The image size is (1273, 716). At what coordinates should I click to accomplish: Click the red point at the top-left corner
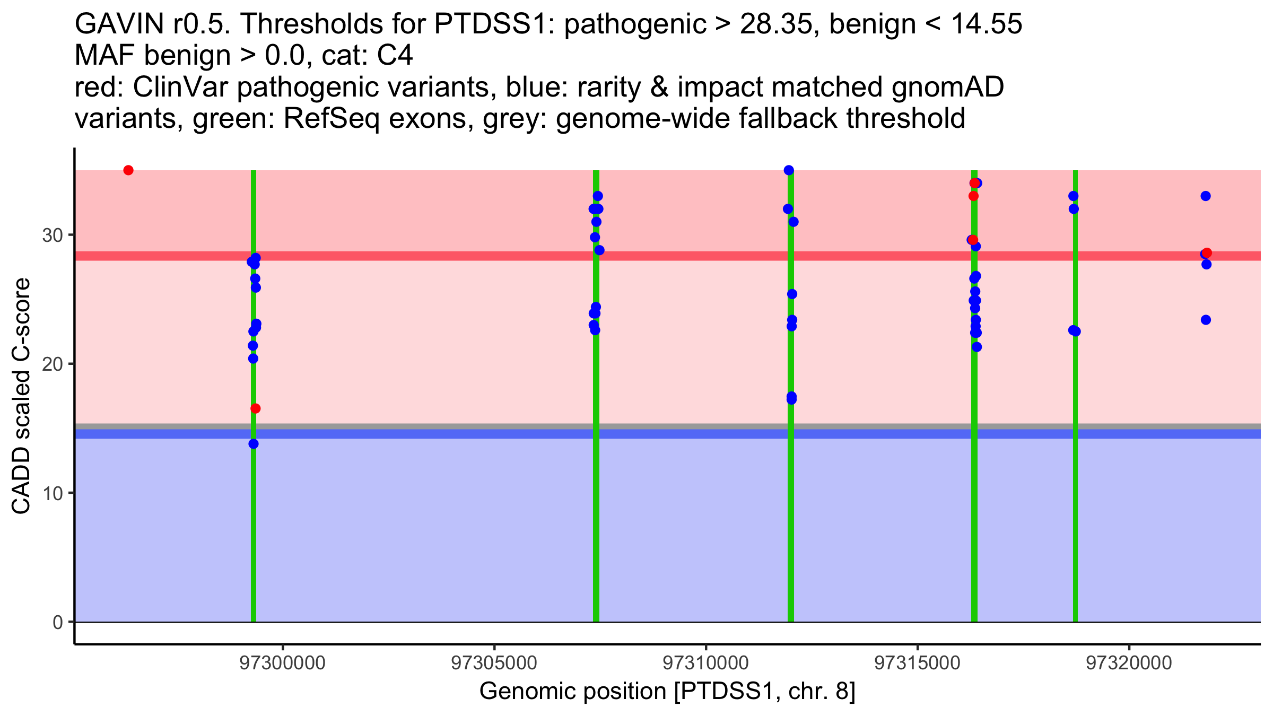128,170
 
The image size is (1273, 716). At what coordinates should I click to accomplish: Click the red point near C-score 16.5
256,408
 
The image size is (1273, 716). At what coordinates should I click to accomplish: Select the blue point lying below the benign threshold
254,444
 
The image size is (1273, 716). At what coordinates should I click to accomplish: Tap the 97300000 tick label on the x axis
282,663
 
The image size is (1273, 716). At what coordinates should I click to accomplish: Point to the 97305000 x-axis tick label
494,663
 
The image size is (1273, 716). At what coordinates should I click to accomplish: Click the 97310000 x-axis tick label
705,663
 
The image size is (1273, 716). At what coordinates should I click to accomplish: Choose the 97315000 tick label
917,663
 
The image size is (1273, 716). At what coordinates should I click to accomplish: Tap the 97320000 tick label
1129,663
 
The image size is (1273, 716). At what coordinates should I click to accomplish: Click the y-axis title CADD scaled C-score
21,396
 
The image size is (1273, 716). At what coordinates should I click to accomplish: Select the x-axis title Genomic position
667,691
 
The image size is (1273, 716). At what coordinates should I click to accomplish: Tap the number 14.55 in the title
987,24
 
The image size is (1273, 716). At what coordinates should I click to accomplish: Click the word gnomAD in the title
947,87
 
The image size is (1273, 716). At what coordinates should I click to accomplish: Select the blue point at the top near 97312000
789,170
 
